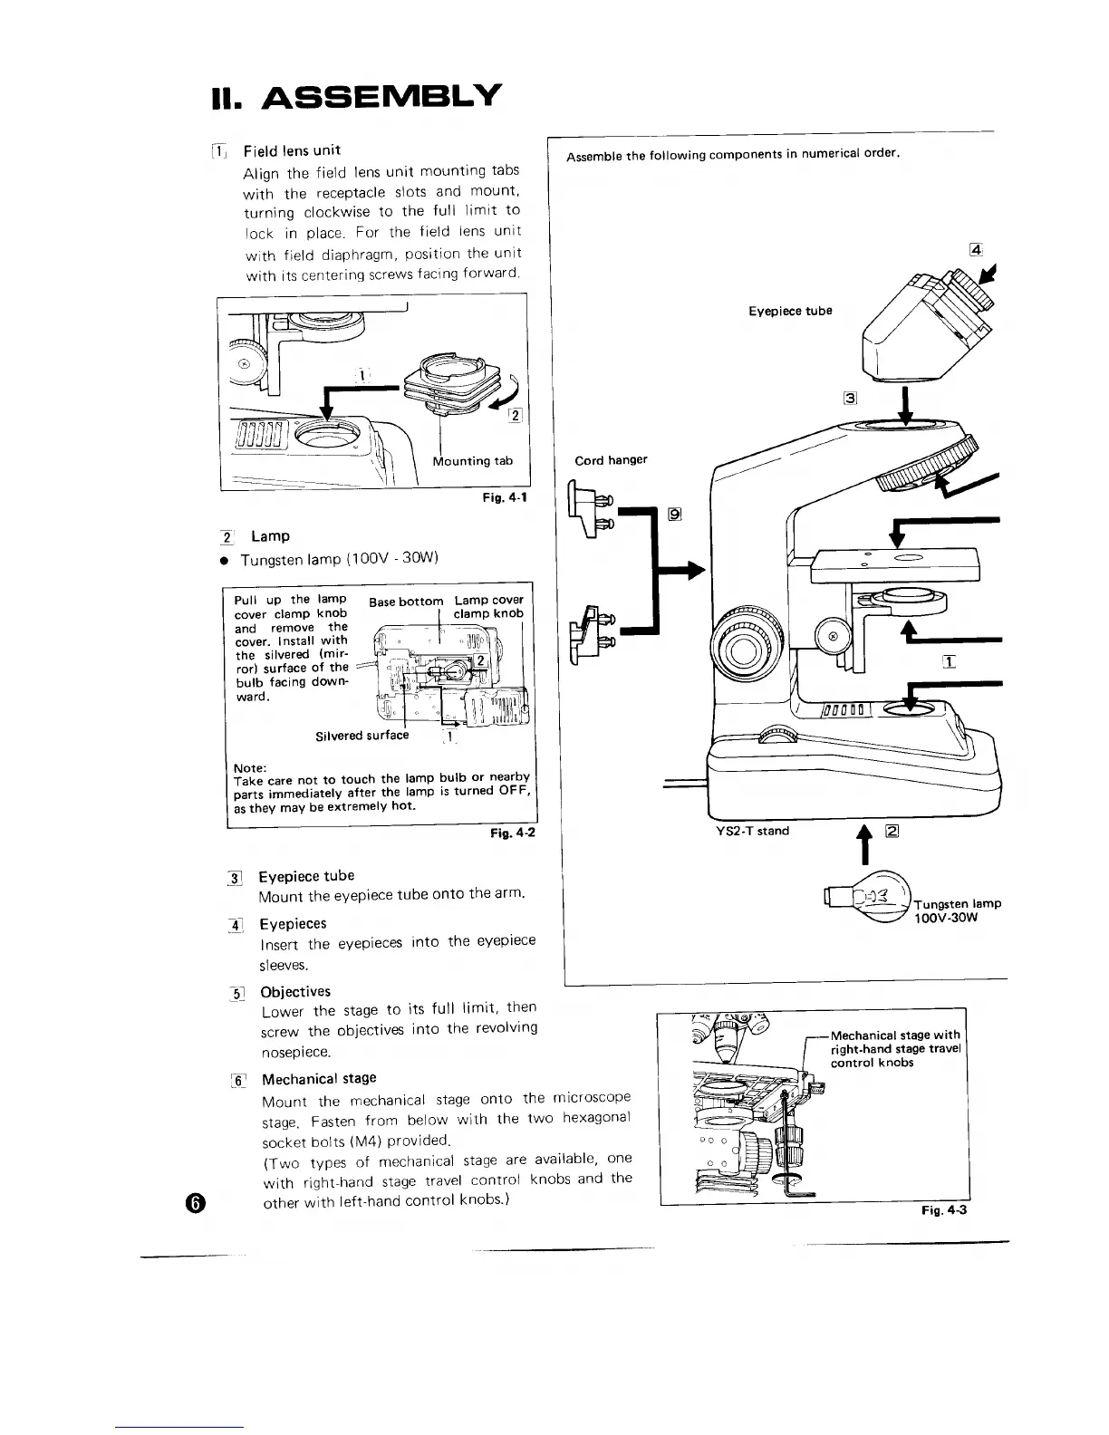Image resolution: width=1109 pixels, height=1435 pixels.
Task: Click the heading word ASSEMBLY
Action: point(381,94)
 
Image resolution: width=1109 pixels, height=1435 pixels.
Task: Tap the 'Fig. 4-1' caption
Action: point(506,497)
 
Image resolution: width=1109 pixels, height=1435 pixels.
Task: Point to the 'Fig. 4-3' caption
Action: point(945,1209)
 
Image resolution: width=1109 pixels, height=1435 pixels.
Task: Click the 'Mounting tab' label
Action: point(472,460)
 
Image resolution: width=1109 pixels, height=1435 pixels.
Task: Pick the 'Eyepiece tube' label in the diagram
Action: point(790,311)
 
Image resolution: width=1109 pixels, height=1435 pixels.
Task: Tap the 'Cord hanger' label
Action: point(611,460)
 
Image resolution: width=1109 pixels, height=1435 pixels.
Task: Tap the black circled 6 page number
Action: point(198,1201)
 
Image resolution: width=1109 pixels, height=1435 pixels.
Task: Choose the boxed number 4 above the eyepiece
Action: point(976,250)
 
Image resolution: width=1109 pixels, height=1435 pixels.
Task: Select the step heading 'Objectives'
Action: point(295,991)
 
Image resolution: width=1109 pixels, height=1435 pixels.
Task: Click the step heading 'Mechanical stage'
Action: point(319,1079)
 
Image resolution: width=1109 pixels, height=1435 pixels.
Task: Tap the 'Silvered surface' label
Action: point(362,736)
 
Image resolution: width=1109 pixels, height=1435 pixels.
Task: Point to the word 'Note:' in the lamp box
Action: point(249,767)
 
